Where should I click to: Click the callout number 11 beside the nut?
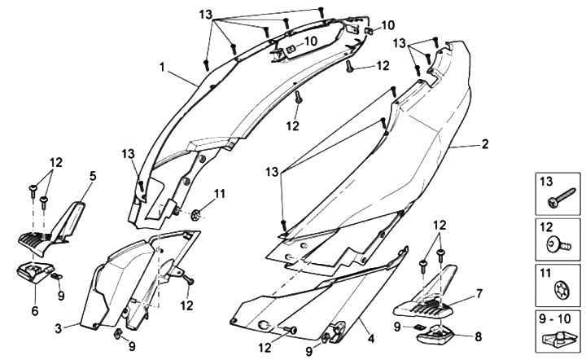[x=218, y=192]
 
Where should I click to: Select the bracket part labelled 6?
[x=34, y=273]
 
